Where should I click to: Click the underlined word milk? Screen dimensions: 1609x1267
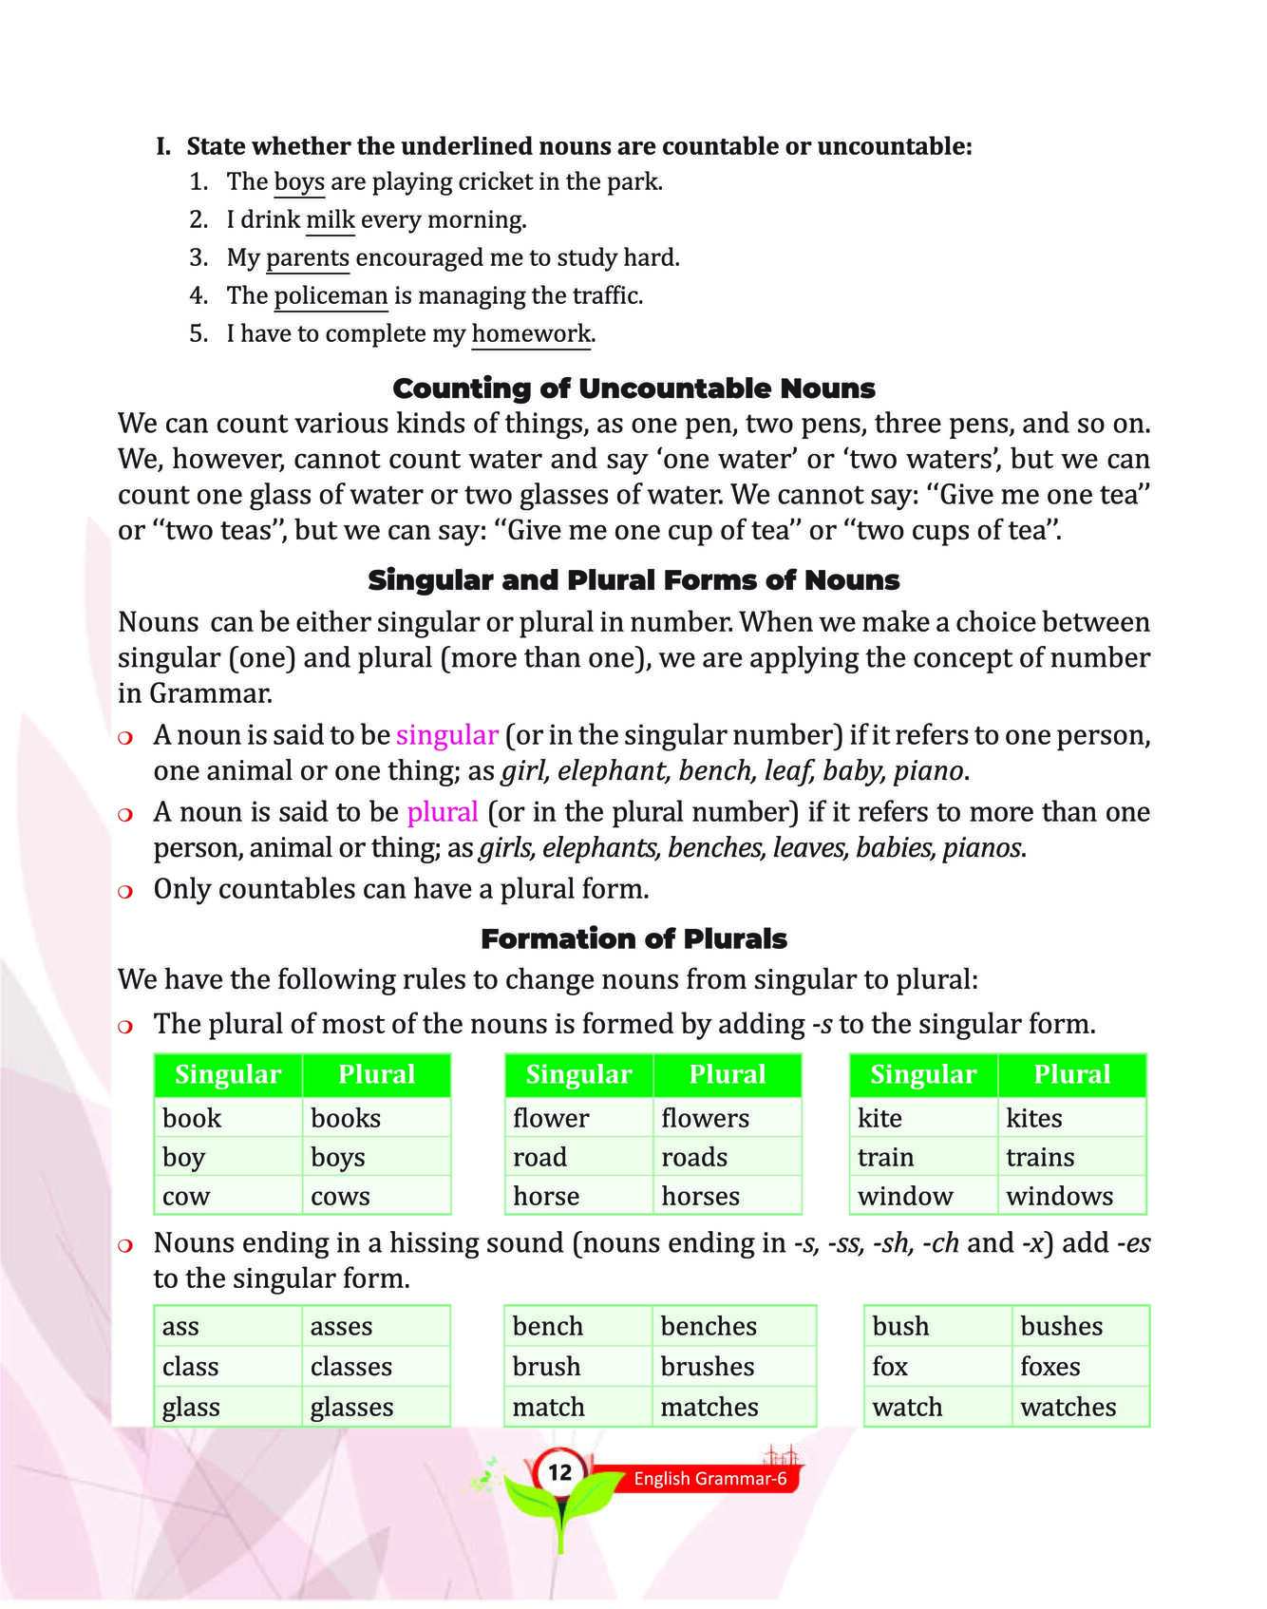coord(330,219)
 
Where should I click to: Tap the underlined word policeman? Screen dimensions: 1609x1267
coord(331,295)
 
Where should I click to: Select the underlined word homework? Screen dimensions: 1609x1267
coord(531,333)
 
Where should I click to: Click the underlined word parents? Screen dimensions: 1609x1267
coord(307,257)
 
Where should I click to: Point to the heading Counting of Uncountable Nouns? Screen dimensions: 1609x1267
coord(633,388)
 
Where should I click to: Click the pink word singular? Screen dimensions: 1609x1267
coord(446,734)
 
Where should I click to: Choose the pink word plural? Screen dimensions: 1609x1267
coord(442,811)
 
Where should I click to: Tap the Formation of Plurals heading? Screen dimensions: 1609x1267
coord(633,938)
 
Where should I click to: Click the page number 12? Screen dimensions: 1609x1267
coord(559,1472)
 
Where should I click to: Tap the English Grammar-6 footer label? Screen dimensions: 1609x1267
coord(710,1479)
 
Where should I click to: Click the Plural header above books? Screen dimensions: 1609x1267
coord(376,1074)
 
